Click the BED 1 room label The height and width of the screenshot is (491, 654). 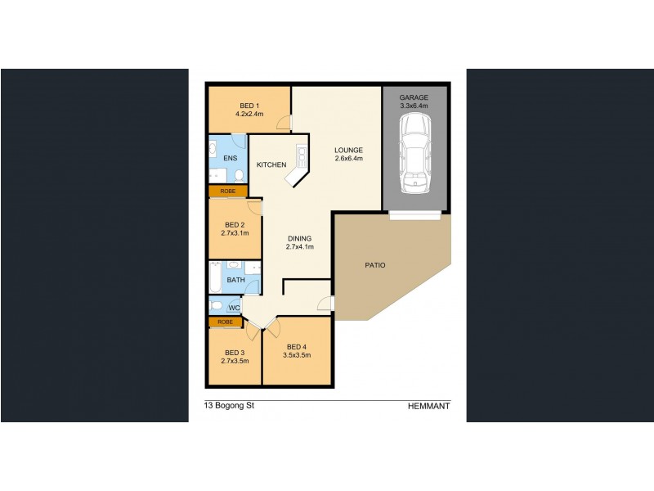point(249,106)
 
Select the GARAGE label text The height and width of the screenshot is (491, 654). point(414,97)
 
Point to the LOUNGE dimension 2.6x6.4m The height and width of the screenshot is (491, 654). point(349,158)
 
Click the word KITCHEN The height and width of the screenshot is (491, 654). point(271,165)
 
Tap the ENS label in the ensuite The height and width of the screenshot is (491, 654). point(231,158)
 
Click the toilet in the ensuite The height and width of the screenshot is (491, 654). point(240,176)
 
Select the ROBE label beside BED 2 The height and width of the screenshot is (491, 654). point(228,191)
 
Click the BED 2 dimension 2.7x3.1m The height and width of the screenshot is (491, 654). point(235,233)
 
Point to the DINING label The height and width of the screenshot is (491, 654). point(299,239)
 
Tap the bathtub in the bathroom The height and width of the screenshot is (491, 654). point(215,277)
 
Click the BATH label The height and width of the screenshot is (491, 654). point(235,280)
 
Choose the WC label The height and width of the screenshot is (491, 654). point(235,309)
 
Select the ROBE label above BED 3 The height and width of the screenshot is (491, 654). point(226,322)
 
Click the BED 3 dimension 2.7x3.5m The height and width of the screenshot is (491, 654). point(235,361)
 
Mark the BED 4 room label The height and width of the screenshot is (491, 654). point(297,347)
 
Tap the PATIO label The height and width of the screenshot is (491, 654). point(375,265)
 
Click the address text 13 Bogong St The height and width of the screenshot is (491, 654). point(229,405)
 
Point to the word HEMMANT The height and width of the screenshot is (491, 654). point(428,406)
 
